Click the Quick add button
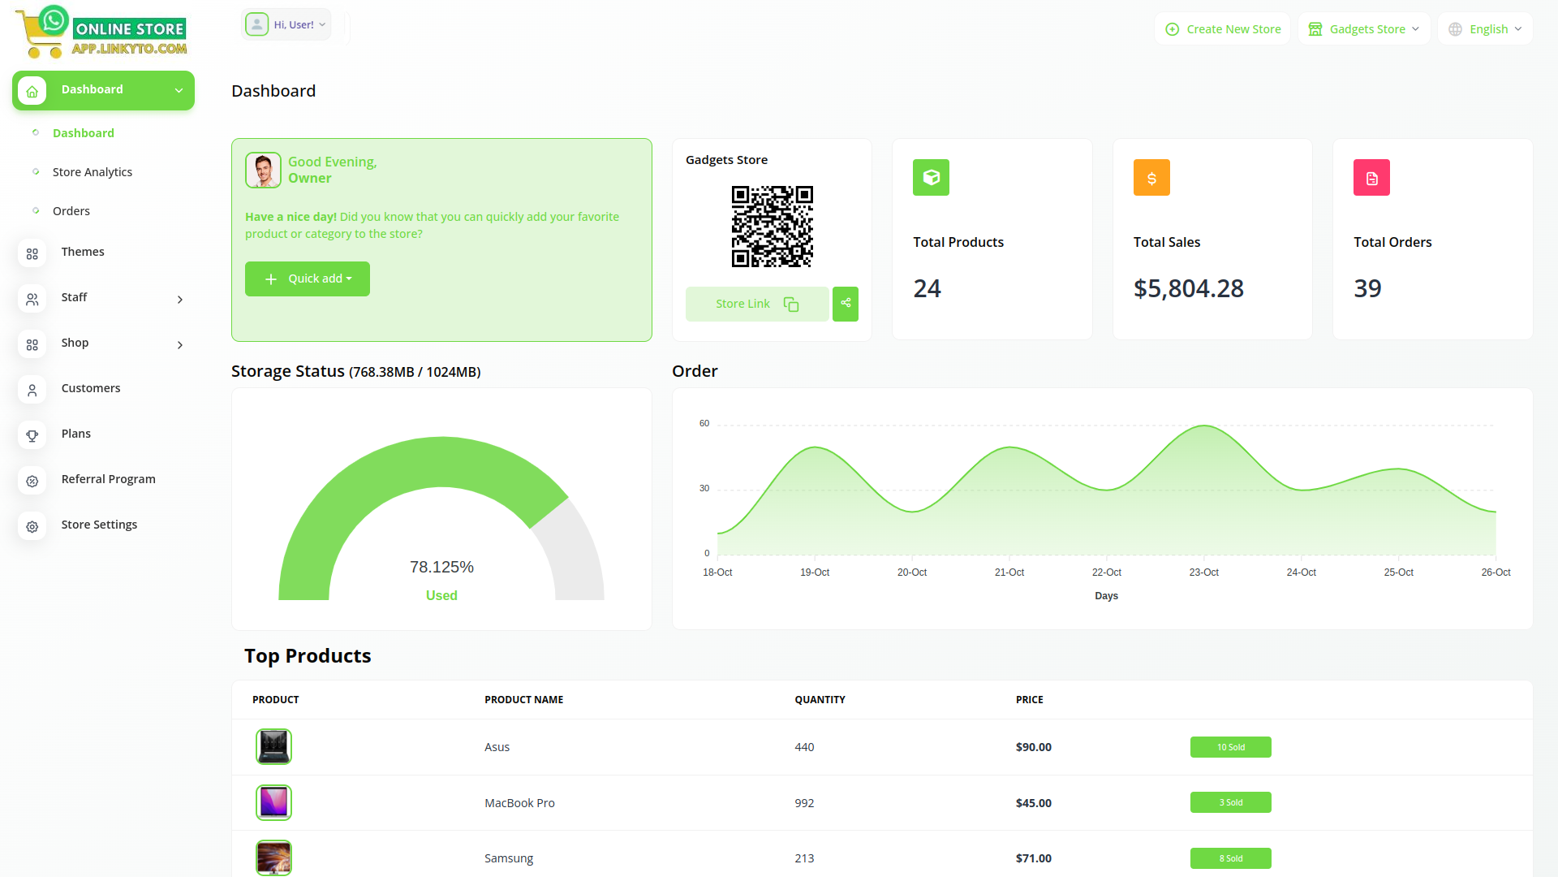(308, 279)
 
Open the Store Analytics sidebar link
(93, 172)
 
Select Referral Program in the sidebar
(108, 479)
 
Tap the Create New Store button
(1223, 29)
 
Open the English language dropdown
(1485, 29)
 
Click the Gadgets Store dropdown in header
(1364, 29)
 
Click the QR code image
(772, 227)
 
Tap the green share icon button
(846, 304)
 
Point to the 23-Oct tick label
(1203, 572)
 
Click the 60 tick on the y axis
(704, 423)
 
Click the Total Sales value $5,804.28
(1188, 288)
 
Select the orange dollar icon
(1151, 178)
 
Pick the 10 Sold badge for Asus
(1230, 747)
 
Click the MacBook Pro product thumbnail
(273, 802)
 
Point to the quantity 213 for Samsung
(804, 858)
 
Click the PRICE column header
(1029, 699)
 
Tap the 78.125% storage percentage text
(441, 567)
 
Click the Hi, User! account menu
(286, 25)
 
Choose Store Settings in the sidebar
(99, 525)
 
